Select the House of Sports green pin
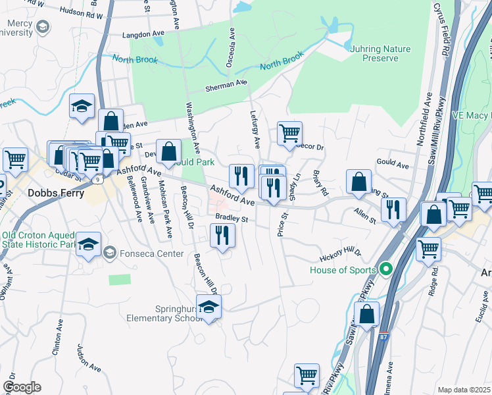[x=386, y=269]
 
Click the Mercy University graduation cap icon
[x=43, y=26]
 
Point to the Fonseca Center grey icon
[x=110, y=251]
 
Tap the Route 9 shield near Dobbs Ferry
[x=98, y=178]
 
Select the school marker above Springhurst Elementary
[x=209, y=307]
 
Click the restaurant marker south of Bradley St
[x=222, y=236]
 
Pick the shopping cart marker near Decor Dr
[x=289, y=134]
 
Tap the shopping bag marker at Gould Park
[x=168, y=152]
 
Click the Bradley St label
[x=231, y=219]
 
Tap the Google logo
[x=22, y=387]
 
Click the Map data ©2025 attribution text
[x=464, y=390]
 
